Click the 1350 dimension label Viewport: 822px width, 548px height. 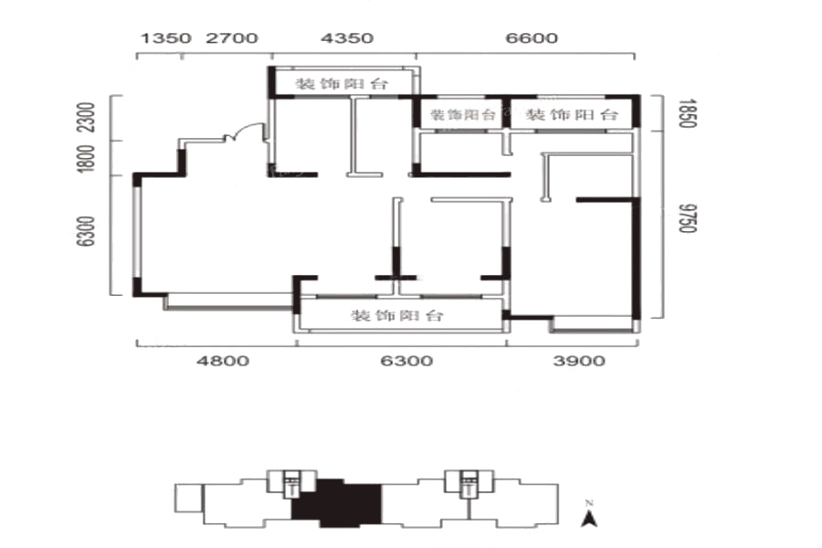point(165,38)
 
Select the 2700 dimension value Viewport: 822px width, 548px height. point(232,38)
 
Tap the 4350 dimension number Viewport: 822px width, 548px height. point(347,38)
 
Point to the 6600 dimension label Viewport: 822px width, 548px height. point(532,38)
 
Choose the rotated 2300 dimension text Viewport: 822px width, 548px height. point(86,117)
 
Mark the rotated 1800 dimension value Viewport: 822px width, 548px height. point(86,158)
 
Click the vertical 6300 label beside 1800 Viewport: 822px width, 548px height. point(86,231)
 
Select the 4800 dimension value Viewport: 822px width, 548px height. point(223,361)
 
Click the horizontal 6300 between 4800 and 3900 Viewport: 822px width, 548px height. point(406,361)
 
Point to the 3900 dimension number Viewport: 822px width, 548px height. point(579,361)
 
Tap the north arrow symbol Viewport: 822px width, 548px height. point(590,519)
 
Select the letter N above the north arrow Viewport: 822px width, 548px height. point(589,503)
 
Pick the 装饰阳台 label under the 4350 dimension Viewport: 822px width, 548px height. point(342,84)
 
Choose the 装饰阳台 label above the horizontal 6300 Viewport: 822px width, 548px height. point(397,315)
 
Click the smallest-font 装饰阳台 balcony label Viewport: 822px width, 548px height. point(462,114)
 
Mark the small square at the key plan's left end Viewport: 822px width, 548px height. point(189,498)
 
